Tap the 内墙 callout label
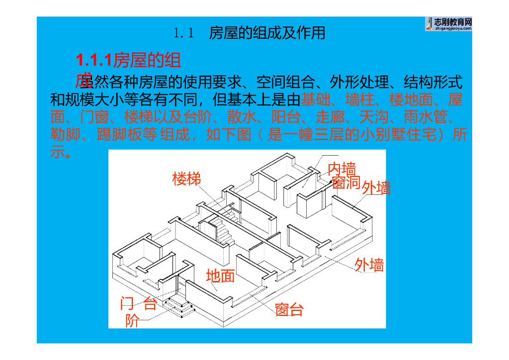pyautogui.click(x=341, y=169)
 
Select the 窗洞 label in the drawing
pyautogui.click(x=346, y=182)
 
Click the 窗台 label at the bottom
pyautogui.click(x=289, y=310)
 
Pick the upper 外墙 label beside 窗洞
pyautogui.click(x=376, y=188)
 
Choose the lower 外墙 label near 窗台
pyautogui.click(x=369, y=265)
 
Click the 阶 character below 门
pyautogui.click(x=132, y=321)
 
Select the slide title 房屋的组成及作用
pyautogui.click(x=267, y=33)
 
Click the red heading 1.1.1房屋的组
pyautogui.click(x=128, y=61)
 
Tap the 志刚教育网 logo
pyautogui.click(x=448, y=23)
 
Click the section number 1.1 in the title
pyautogui.click(x=183, y=34)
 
